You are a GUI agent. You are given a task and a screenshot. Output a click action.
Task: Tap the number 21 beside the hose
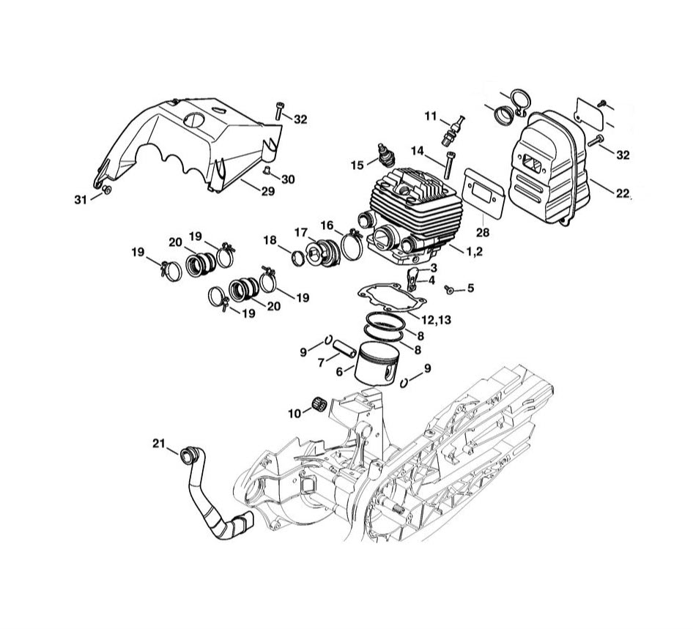click(x=160, y=443)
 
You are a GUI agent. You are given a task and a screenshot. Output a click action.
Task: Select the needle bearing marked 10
click(x=319, y=403)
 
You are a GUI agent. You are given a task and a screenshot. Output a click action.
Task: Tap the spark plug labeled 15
click(x=383, y=156)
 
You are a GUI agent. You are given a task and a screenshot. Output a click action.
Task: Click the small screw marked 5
click(x=448, y=290)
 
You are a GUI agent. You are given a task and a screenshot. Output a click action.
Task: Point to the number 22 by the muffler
click(x=623, y=193)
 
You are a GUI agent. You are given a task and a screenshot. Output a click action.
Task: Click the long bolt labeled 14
click(x=449, y=164)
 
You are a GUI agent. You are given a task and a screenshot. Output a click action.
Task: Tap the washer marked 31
click(x=106, y=191)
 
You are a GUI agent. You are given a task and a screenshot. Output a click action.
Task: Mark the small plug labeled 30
click(x=268, y=171)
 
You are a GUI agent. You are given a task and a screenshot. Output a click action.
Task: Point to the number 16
click(x=327, y=225)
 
